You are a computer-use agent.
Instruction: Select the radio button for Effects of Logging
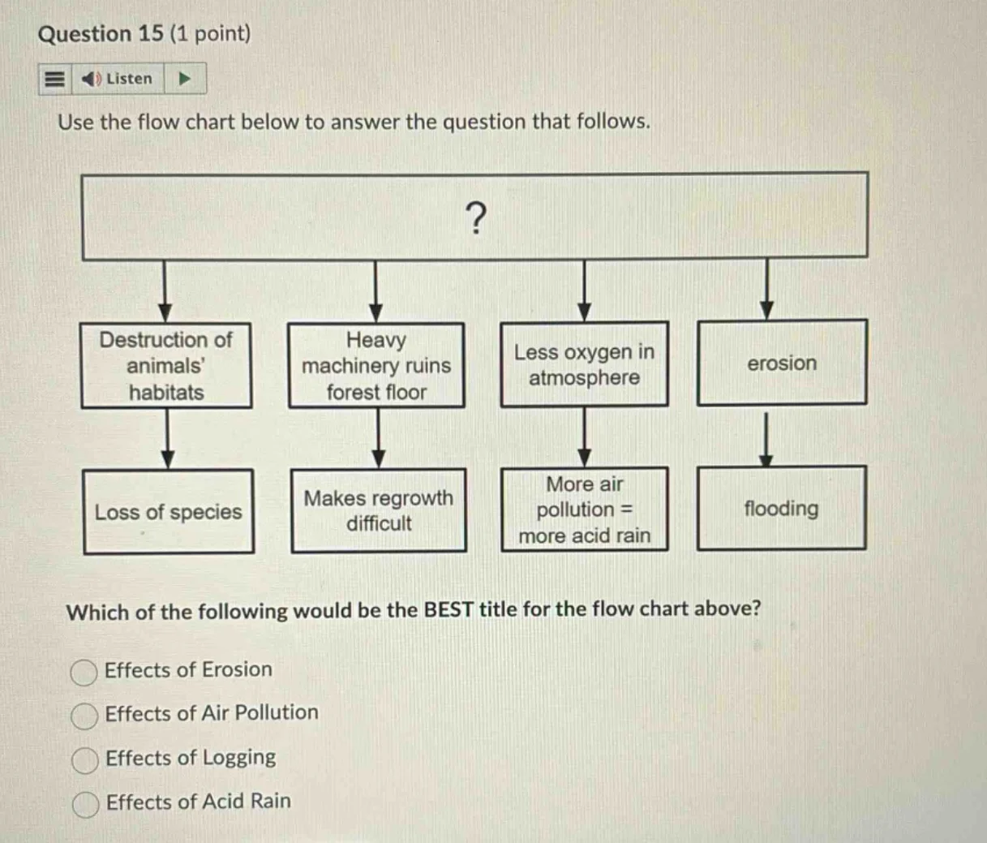coord(84,760)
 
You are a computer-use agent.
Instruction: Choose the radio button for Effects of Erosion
coord(84,673)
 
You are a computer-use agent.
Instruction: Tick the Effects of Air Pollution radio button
coord(84,716)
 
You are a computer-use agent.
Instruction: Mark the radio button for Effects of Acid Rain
coord(85,804)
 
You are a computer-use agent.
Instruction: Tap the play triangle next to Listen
coord(185,79)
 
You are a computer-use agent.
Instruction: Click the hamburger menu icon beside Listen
coord(54,79)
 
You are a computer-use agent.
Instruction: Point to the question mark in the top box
coord(476,217)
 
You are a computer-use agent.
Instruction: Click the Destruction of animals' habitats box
coord(166,366)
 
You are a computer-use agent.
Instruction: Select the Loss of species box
coord(168,512)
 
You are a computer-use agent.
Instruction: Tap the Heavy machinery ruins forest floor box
coord(376,366)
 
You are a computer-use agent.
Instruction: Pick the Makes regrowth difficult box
coord(379,510)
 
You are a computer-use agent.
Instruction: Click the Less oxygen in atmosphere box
coord(584,364)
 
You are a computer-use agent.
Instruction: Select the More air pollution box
coord(584,510)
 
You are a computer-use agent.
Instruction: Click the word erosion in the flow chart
coord(782,363)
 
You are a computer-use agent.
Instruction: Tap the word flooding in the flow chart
coord(781,509)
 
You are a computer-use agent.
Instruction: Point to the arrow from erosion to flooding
coord(765,439)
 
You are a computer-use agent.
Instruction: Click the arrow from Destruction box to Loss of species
coord(167,439)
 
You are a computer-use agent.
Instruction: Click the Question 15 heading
coord(144,34)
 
